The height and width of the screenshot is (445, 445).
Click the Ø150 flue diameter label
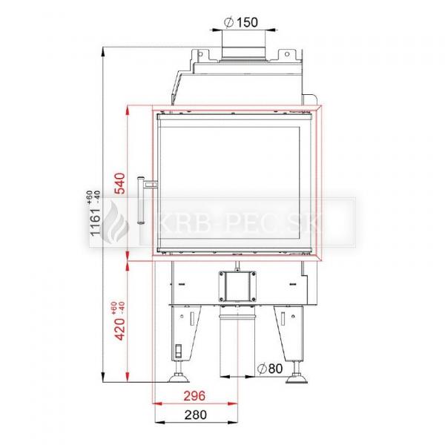click(x=240, y=22)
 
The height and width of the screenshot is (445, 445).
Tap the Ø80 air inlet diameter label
click(x=270, y=369)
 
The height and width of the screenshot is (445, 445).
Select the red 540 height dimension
click(x=119, y=183)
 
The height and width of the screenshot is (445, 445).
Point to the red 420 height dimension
click(x=119, y=329)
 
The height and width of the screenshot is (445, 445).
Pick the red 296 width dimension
click(x=194, y=395)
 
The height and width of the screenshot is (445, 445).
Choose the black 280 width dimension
click(x=196, y=415)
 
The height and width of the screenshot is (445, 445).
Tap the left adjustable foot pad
click(x=179, y=378)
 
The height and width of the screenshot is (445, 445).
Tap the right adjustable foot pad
click(x=296, y=379)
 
